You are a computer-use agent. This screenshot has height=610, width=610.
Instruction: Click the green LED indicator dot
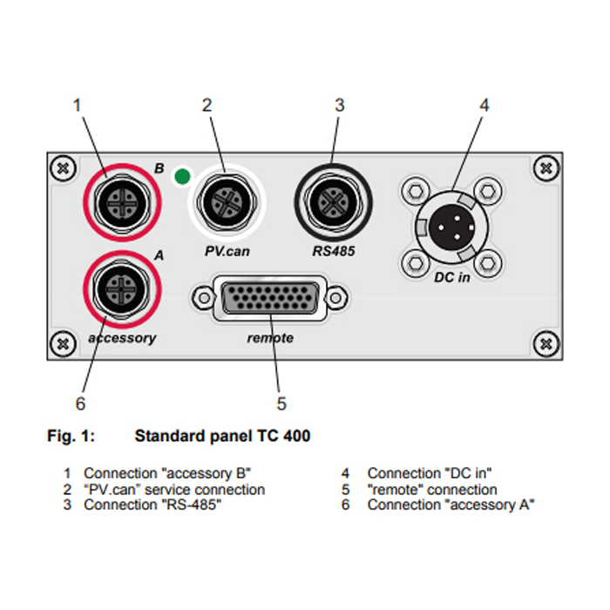coord(182,176)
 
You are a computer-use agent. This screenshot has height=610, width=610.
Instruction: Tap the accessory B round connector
coord(122,203)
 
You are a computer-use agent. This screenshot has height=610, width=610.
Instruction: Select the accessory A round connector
coord(122,289)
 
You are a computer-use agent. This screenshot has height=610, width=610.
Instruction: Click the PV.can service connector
coord(227,202)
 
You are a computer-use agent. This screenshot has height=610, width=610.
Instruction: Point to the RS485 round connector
coord(334,202)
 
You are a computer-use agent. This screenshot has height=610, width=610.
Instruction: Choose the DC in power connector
coord(451,227)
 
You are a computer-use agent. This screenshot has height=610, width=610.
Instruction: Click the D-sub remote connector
coord(270,298)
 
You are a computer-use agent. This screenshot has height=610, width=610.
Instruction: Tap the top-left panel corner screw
coord(63,168)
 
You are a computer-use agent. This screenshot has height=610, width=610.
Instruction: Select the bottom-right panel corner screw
coord(546,343)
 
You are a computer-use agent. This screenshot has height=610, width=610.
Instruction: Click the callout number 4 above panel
coord(484,105)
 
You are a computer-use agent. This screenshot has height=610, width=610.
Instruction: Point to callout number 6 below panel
coord(80,403)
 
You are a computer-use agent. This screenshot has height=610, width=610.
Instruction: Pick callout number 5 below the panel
coord(281,403)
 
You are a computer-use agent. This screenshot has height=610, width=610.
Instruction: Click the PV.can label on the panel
coord(227,251)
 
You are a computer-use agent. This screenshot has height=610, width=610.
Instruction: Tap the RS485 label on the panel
coord(334,251)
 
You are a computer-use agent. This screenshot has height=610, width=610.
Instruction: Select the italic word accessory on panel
coord(122,338)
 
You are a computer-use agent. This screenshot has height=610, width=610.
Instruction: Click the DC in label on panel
coord(452,277)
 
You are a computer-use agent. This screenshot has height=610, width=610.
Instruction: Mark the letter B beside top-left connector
coord(159,168)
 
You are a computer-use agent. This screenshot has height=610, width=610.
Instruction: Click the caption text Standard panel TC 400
coord(222,436)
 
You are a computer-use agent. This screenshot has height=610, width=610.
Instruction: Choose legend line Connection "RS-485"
coord(152,505)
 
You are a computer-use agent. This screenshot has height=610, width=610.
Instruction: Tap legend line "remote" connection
coord(432,490)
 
